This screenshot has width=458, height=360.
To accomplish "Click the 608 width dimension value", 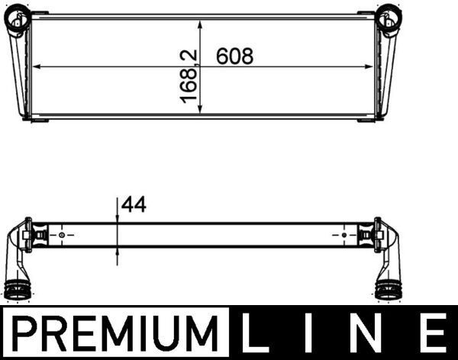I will point(234,56).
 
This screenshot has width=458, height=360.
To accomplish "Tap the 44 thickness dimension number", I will point(132,204).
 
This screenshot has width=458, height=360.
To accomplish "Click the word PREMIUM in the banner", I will point(115,334).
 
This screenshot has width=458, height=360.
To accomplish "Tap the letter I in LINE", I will point(315,334).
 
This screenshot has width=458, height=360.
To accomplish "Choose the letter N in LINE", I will point(370,334).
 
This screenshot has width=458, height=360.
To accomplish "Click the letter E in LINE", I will point(431,334).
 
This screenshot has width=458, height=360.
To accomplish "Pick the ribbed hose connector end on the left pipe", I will point(19,291).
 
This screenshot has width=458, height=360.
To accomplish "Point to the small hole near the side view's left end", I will point(62,235).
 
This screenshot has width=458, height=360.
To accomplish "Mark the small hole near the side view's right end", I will point(343,235).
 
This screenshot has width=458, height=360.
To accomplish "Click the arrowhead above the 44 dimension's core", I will point(118,220).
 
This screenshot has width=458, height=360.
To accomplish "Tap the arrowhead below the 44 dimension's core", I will point(118,250).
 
